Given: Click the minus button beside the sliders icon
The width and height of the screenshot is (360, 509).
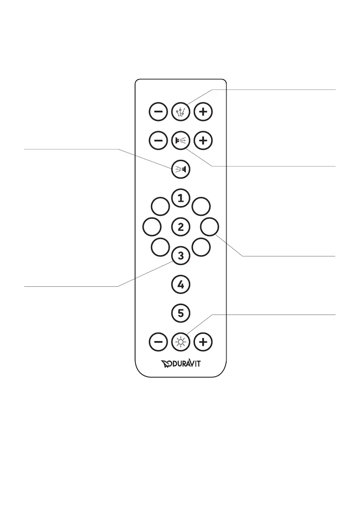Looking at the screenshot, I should click(x=158, y=112).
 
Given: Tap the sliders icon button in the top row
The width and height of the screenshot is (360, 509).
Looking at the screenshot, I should click(x=180, y=112).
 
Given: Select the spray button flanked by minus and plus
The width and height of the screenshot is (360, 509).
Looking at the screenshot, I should click(x=180, y=140).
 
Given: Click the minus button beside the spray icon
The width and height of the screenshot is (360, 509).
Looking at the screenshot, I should click(x=158, y=140).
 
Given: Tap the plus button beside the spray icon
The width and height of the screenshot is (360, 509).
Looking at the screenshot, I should click(x=203, y=140).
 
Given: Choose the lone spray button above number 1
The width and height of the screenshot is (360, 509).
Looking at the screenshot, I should click(x=180, y=169).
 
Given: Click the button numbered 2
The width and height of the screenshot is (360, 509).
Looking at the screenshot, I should click(x=180, y=227).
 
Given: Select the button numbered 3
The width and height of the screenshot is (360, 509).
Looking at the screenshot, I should click(x=180, y=256).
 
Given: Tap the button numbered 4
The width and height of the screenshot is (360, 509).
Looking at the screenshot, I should click(x=180, y=284).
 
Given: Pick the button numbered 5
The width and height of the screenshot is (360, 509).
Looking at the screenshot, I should click(x=180, y=313).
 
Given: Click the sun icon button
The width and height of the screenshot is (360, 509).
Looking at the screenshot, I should click(x=180, y=342).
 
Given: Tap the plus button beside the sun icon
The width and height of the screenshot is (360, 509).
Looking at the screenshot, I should click(x=203, y=342).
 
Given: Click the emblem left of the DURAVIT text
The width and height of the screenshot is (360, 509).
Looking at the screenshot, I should click(x=166, y=364).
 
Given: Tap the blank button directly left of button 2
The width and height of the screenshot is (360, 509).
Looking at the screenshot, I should click(x=151, y=227).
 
